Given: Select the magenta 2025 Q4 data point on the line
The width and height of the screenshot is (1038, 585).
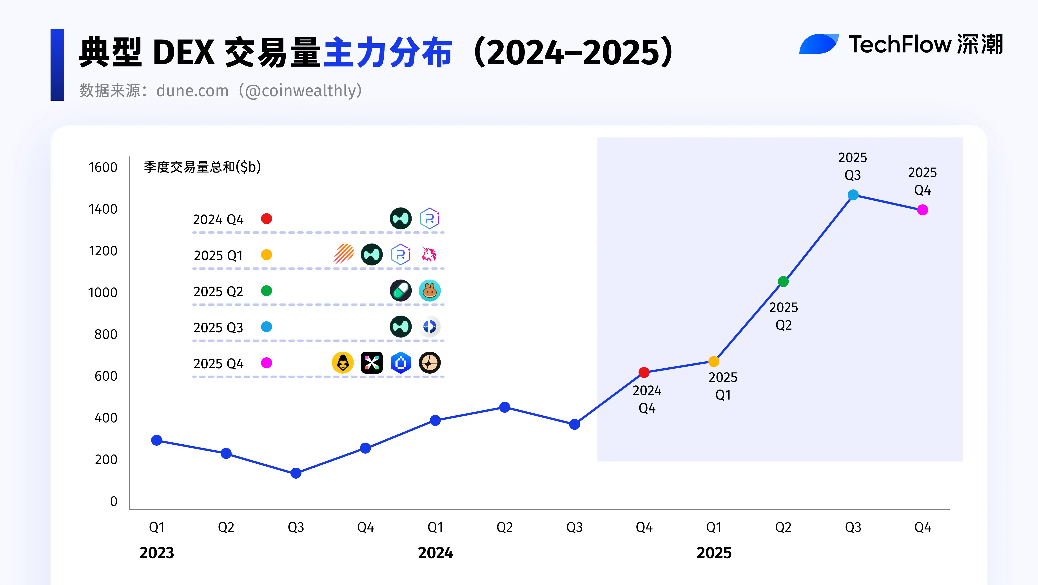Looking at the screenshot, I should pos(922,210).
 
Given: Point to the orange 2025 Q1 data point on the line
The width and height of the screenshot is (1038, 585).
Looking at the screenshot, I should pos(714,361).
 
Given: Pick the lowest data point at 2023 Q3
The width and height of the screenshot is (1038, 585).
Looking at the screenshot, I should pos(296,473).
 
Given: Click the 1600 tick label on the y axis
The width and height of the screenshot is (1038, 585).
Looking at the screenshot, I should pos(103,167).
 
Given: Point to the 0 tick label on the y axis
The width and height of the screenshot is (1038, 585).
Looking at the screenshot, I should pos(114,501).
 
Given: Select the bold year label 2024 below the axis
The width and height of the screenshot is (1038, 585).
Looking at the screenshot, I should pos(435,553).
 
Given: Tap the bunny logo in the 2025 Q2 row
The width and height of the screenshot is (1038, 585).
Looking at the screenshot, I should pos(430,291).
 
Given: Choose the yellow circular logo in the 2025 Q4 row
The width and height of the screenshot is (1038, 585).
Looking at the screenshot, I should pos(343,363).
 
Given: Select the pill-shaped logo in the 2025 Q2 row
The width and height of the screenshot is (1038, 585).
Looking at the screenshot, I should pos(401,291).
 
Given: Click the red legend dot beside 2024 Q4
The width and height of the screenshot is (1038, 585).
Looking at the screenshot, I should pos(266,219).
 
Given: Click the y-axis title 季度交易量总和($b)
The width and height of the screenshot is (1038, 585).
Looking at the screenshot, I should pos(202,167).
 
